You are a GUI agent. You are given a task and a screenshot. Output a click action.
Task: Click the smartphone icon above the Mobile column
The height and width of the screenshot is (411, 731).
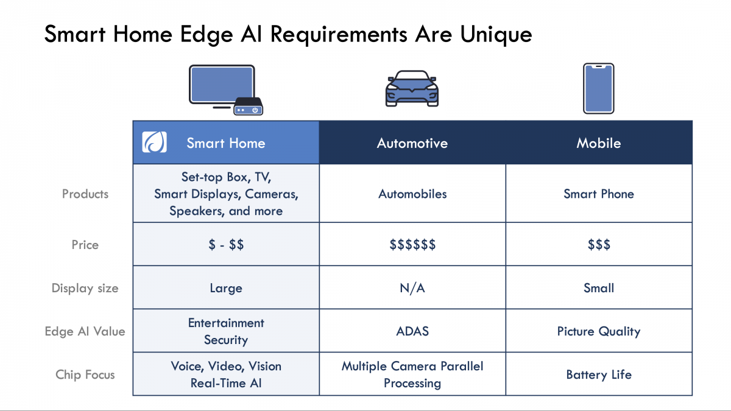pyautogui.click(x=598, y=88)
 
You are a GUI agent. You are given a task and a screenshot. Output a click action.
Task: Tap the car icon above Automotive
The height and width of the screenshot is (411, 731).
pyautogui.click(x=412, y=88)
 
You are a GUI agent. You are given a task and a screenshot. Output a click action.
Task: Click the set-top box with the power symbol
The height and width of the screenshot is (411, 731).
pyautogui.click(x=249, y=107)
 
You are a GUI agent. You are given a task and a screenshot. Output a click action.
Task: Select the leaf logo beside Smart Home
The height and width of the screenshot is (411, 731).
pyautogui.click(x=154, y=142)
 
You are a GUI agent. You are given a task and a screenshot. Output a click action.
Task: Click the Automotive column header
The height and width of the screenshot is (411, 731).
pyautogui.click(x=412, y=143)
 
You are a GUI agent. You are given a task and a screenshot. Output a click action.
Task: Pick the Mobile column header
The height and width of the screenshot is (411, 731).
pyautogui.click(x=598, y=143)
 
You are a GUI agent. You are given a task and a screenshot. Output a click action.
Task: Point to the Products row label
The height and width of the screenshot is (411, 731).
pyautogui.click(x=85, y=194)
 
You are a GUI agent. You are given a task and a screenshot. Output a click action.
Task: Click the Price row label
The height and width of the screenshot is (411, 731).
pyautogui.click(x=85, y=245)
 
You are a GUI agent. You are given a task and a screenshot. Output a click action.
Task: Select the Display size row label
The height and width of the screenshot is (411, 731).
pyautogui.click(x=85, y=289)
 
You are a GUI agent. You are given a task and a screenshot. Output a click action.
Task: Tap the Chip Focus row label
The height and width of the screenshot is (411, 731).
pyautogui.click(x=85, y=374)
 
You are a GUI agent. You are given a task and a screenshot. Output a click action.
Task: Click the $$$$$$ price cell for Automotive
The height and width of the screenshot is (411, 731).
pyautogui.click(x=412, y=244)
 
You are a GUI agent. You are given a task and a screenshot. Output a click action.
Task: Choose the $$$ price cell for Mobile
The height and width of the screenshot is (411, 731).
pyautogui.click(x=599, y=244)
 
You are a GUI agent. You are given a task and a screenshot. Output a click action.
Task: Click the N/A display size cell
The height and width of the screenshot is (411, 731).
pyautogui.click(x=412, y=288)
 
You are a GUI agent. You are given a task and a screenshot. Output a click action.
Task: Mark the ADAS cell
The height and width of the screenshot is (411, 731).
pyautogui.click(x=412, y=331)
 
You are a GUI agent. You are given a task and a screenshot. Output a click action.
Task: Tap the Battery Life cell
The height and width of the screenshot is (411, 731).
pyautogui.click(x=599, y=374)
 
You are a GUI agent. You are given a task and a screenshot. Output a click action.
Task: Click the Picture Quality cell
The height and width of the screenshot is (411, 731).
pyautogui.click(x=599, y=331)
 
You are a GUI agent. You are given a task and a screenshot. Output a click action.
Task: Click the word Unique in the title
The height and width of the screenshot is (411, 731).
pyautogui.click(x=496, y=35)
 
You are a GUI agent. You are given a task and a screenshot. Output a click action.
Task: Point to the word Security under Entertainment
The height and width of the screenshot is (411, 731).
pyautogui.click(x=226, y=340)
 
